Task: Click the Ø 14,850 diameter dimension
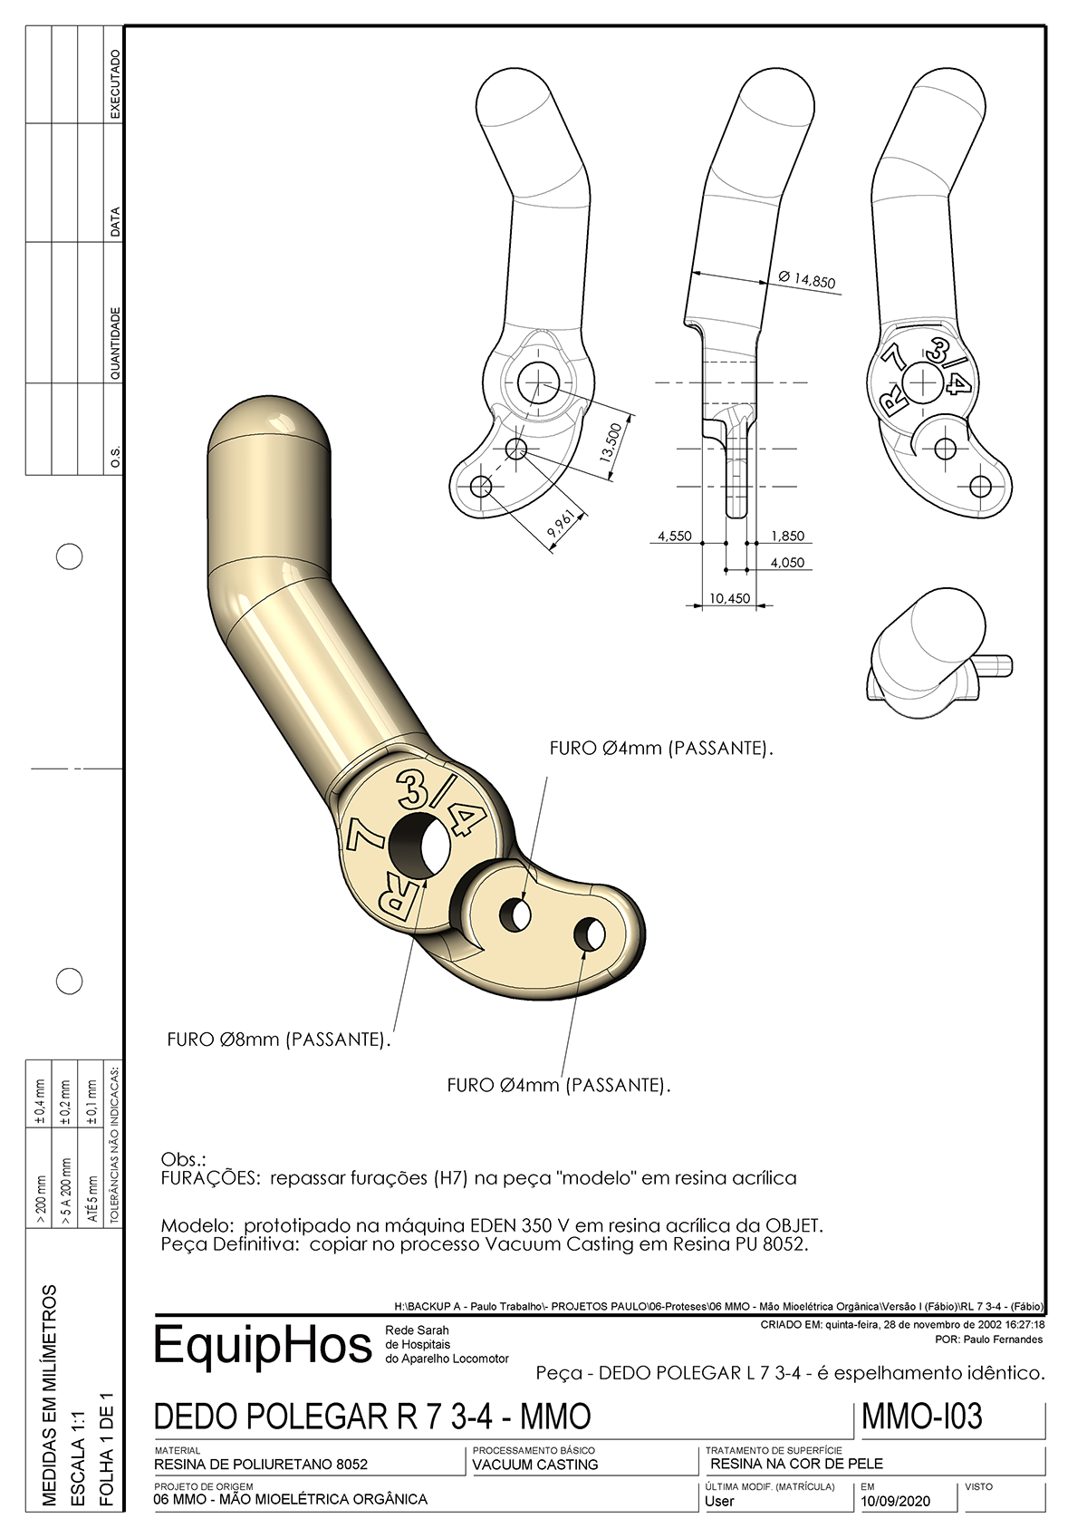[806, 279]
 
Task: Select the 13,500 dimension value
[612, 441]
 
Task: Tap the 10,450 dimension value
[729, 598]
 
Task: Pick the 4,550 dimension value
[675, 537]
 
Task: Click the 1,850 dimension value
[787, 537]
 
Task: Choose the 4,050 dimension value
[787, 563]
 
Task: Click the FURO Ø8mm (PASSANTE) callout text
[278, 1040]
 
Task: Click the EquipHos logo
[263, 1346]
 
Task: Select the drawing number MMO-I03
[922, 1417]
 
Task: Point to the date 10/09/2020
[896, 1501]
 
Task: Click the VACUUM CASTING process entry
[535, 1465]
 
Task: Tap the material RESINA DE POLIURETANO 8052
[261, 1465]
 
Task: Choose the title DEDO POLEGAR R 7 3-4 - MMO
[372, 1417]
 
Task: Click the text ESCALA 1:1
[78, 1458]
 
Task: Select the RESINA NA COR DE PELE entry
[796, 1464]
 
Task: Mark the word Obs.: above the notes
[183, 1159]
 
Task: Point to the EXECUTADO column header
[115, 83]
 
